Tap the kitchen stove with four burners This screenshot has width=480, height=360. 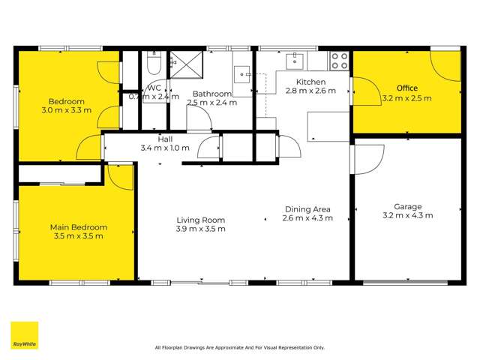point(339,60)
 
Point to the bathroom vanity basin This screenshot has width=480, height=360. point(242,73)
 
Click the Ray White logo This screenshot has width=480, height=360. point(24,335)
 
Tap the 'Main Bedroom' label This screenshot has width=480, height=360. point(78,227)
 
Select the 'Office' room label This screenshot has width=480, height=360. point(407,88)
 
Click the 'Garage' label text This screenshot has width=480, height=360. point(408,206)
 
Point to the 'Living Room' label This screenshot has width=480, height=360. point(200,220)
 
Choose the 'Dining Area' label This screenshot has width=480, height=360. point(307,209)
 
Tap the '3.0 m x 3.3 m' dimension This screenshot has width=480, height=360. point(67,110)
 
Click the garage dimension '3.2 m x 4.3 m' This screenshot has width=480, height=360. point(408,215)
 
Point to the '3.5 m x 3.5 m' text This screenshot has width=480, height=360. point(78,236)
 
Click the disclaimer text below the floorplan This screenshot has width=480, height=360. point(239,347)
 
